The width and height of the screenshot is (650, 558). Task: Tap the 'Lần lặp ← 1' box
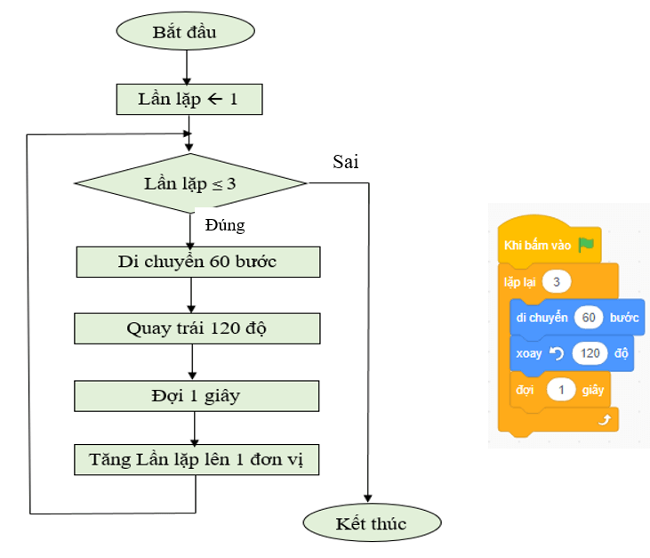click(189, 98)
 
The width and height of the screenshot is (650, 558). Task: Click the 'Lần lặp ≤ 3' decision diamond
click(190, 184)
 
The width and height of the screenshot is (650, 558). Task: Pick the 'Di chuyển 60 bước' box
click(197, 262)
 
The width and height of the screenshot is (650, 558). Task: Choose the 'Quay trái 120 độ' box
click(197, 328)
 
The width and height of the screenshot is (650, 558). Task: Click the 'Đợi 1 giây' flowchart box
click(197, 395)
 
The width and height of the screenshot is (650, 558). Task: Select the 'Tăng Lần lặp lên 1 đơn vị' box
click(197, 460)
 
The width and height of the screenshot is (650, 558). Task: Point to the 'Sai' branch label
click(346, 162)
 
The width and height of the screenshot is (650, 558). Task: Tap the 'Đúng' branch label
click(224, 225)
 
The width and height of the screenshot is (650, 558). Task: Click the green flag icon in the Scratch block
click(585, 244)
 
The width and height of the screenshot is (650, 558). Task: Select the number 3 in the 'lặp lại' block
click(556, 282)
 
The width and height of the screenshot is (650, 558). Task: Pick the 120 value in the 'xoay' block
click(590, 353)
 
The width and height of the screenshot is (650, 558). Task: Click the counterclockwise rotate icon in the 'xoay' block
click(557, 353)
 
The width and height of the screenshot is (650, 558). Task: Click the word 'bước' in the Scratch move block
click(624, 318)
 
